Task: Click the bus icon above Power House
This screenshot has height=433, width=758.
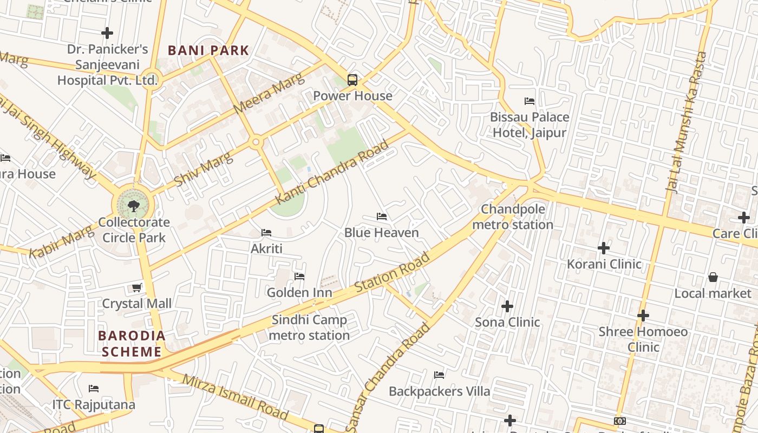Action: coord(352,80)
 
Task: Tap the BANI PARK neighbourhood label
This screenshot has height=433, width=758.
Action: coord(208,51)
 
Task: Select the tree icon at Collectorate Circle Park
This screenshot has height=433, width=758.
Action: coord(133,206)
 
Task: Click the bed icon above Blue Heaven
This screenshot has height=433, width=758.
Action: coord(382,216)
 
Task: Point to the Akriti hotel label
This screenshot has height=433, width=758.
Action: coord(266,248)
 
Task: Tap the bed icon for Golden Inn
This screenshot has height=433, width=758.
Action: coord(299,277)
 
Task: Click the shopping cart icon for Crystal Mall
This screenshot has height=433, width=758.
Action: coord(137,288)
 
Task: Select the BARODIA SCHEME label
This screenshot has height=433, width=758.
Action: coord(132,344)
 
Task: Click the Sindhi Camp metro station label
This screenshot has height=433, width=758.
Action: coord(309,327)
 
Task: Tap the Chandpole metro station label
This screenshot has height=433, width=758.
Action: coord(513,216)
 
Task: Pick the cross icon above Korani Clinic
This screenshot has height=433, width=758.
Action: coord(604,248)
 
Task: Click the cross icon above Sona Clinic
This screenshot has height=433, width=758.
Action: coord(507,306)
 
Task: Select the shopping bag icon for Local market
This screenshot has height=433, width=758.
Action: coord(713,277)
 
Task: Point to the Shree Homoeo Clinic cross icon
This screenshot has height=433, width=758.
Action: coord(643,315)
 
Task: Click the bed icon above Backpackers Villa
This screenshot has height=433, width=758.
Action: coord(439,375)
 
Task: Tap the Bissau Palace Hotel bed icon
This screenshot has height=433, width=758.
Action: coord(530,101)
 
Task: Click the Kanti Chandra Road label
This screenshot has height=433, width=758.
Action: coord(332,172)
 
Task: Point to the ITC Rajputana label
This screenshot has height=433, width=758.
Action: coord(94,404)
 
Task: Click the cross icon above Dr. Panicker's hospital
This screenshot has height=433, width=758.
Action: coord(107,33)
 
